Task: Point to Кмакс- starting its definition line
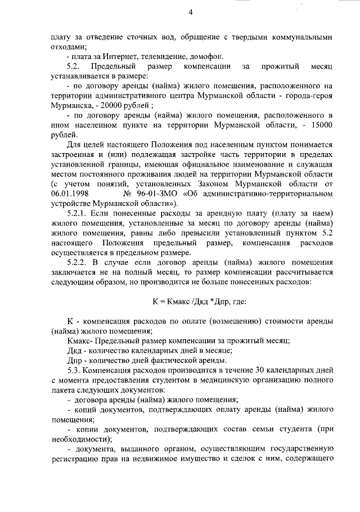(x=80, y=340)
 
